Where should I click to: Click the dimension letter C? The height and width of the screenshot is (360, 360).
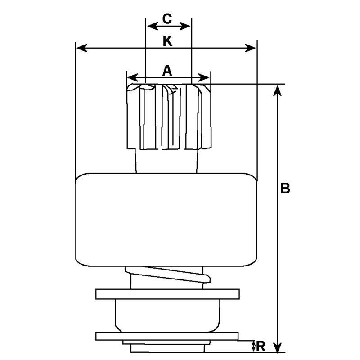(167, 19)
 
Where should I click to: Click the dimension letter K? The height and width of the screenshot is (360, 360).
(167, 41)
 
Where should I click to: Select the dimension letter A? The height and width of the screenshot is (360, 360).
(167, 70)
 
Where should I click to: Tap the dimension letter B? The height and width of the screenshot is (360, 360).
(285, 188)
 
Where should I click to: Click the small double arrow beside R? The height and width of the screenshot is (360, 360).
(254, 346)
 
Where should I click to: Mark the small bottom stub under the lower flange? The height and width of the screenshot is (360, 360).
(166, 347)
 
